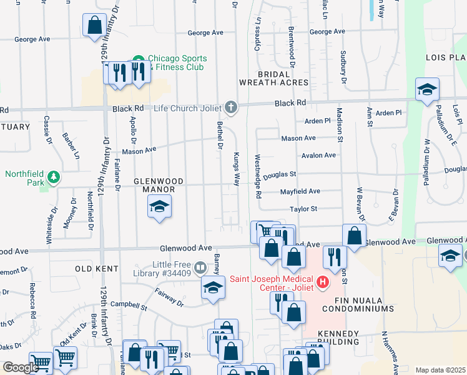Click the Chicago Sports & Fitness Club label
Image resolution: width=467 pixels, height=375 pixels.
(177, 62)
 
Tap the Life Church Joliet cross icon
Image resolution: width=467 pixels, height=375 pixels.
(231, 107)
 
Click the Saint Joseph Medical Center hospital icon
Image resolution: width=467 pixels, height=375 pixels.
(323, 282)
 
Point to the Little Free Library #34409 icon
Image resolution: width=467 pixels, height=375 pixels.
(200, 268)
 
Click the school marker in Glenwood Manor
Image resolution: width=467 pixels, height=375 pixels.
(159, 207)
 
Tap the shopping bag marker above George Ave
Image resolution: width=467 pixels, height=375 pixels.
(94, 26)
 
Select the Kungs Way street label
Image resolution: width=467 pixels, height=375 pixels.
(237, 168)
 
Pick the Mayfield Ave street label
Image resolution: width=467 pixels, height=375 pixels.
(300, 191)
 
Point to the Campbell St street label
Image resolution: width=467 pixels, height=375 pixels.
(128, 307)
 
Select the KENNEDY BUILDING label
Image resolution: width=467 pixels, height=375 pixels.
(338, 337)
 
